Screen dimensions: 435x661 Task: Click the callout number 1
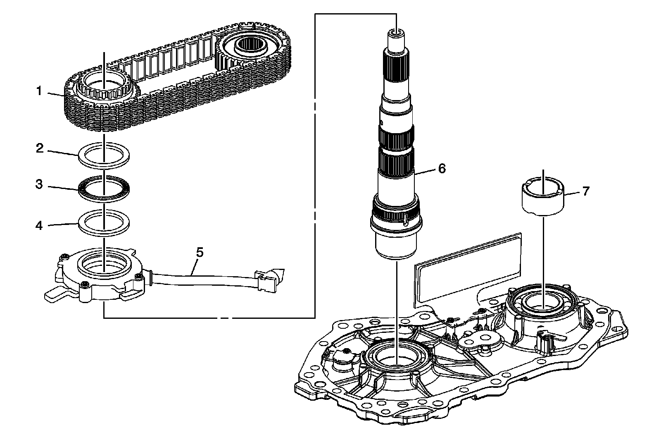coord(39,91)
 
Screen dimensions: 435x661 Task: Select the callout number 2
coord(40,148)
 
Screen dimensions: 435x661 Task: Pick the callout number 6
coord(442,168)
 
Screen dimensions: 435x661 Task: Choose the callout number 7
coord(585,191)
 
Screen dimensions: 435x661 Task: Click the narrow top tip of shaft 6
coord(396,37)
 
